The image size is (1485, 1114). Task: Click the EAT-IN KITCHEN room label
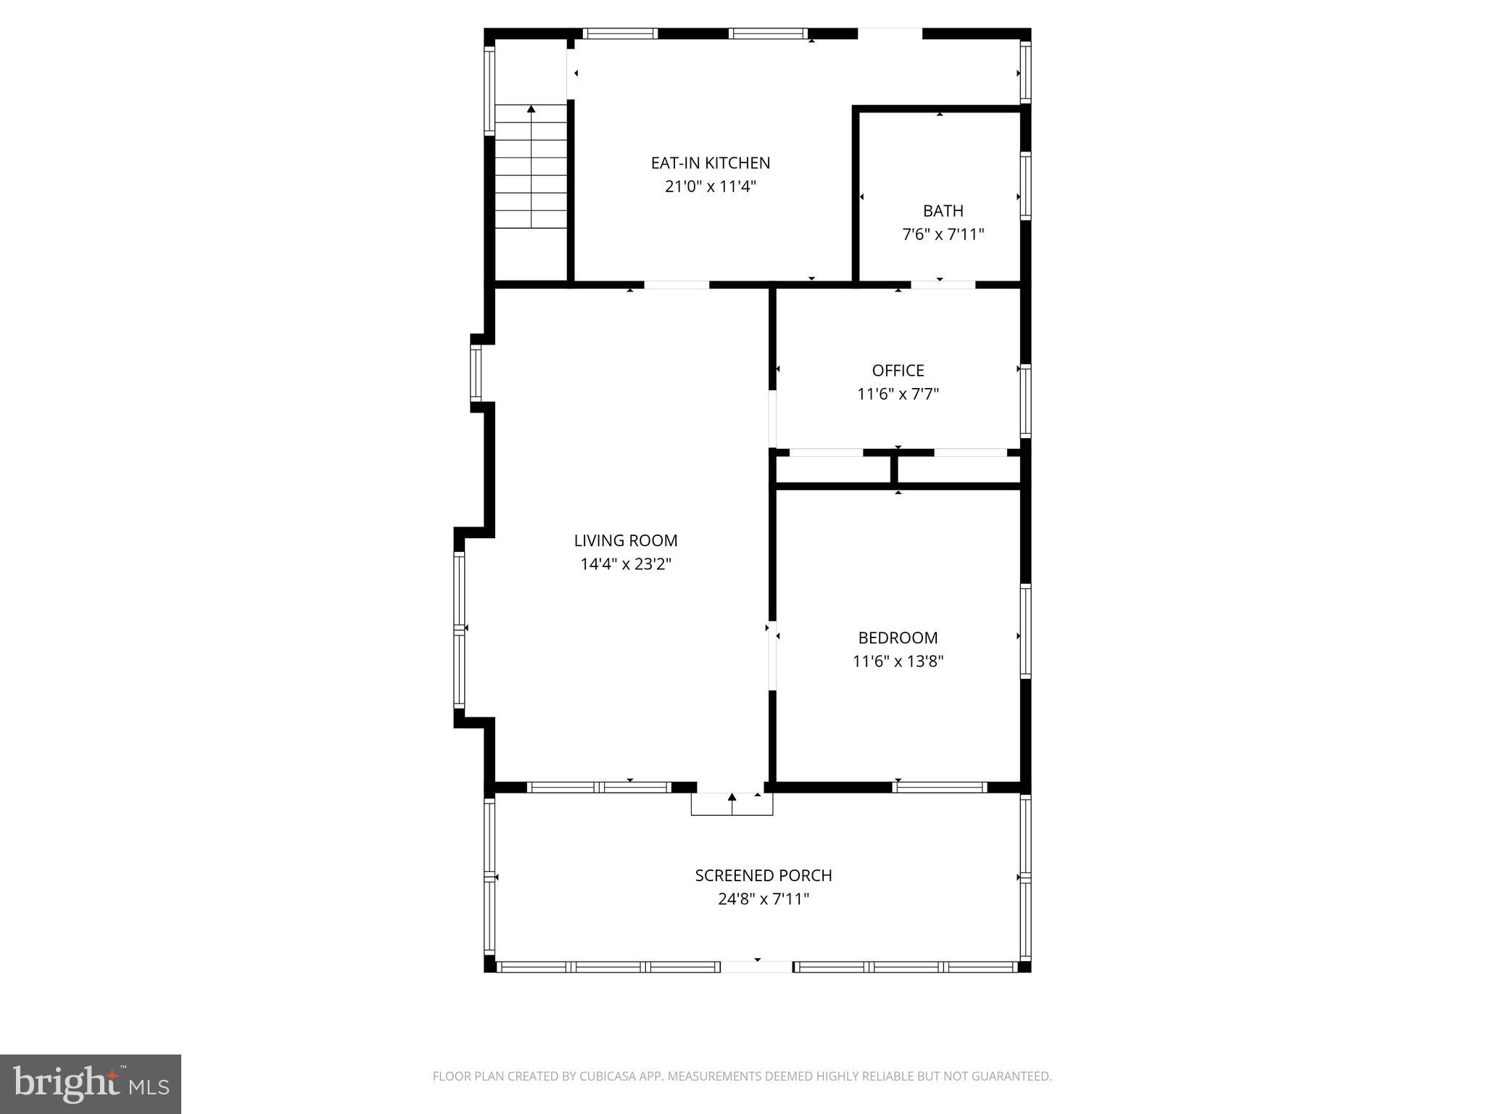(710, 163)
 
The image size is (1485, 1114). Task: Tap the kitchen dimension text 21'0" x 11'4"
(710, 187)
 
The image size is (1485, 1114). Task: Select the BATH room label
(943, 211)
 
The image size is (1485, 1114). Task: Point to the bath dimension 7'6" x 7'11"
(943, 235)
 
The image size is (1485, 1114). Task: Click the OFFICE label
(898, 371)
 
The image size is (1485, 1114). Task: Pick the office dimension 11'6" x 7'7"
(898, 395)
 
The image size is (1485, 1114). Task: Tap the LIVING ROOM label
(625, 540)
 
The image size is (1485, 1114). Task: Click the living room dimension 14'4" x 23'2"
(625, 564)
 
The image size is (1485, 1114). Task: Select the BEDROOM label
(898, 638)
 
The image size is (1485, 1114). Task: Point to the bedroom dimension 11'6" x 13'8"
(898, 661)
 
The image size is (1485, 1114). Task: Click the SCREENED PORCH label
(763, 875)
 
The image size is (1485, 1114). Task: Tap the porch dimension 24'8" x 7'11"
(763, 899)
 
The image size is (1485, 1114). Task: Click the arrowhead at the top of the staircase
(531, 109)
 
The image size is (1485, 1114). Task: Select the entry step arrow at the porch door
(732, 797)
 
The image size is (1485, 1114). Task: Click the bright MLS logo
(90, 1084)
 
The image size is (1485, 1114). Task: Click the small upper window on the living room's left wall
(476, 373)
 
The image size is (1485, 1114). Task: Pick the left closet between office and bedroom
(832, 470)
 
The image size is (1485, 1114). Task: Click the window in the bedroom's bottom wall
(940, 787)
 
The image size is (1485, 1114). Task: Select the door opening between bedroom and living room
(772, 655)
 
